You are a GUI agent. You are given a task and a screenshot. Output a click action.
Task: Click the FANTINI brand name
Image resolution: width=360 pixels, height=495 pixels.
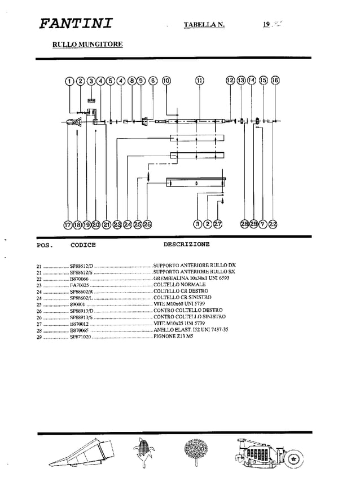point(76,24)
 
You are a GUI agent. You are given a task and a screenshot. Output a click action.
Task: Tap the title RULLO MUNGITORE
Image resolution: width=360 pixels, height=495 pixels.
point(87,44)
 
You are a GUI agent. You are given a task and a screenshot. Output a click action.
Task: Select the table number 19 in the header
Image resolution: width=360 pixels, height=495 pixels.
point(266,24)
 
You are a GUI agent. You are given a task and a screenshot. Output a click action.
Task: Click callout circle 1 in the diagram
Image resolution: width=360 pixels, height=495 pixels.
point(69,81)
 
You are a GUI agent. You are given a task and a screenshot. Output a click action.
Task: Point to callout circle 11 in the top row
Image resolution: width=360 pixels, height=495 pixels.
point(199,81)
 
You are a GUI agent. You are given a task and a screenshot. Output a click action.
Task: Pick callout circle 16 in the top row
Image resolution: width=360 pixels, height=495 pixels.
point(275,81)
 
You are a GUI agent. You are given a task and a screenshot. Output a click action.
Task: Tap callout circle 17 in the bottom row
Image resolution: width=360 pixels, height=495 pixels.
point(68,224)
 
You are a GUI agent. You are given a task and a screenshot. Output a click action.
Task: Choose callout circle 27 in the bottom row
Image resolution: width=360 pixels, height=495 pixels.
point(218,224)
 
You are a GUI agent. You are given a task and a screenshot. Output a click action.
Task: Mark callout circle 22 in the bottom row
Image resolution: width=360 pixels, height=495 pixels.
point(274,224)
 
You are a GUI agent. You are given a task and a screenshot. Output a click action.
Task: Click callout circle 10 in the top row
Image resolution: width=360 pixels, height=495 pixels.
point(166,81)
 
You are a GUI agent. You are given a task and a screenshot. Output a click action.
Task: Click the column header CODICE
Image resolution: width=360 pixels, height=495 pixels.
point(83,245)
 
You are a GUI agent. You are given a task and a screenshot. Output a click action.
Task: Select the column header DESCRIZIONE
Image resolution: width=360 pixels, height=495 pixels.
point(186,245)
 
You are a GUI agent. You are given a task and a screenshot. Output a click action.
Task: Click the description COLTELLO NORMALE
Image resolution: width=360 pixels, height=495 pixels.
point(179,285)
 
